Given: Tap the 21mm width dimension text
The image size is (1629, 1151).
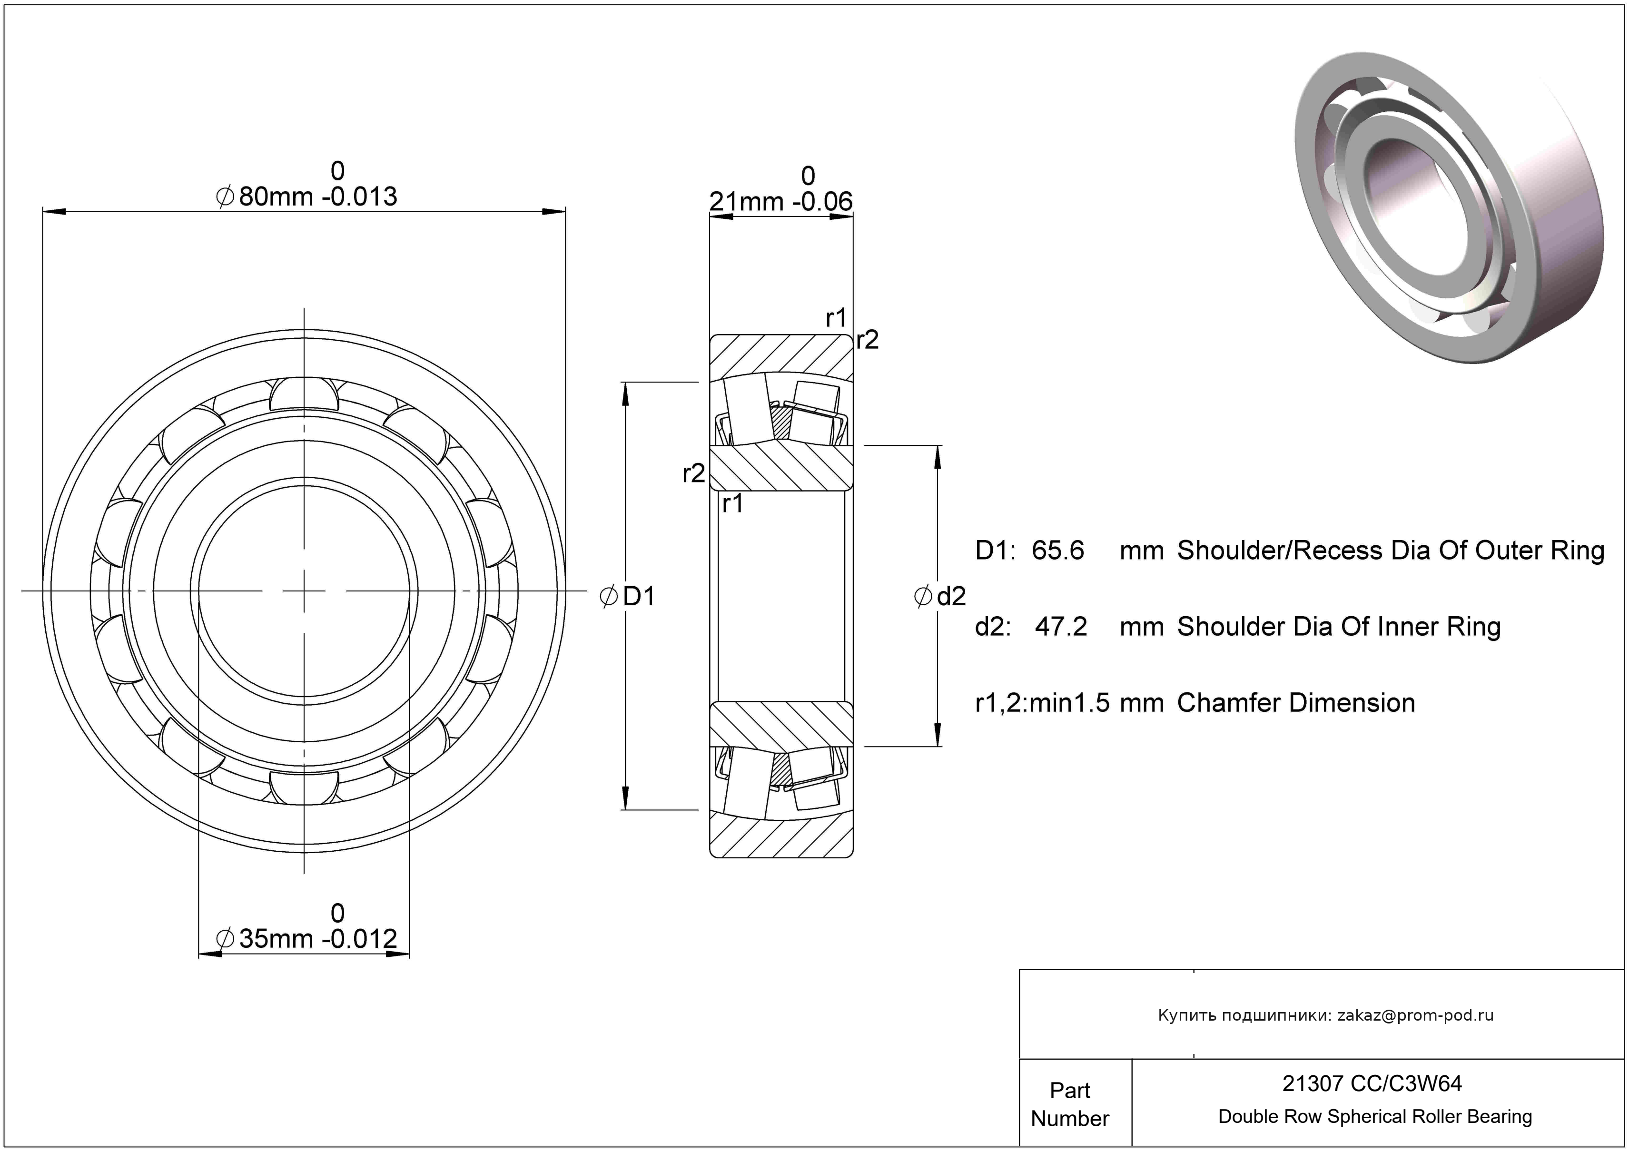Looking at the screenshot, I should click(x=749, y=202).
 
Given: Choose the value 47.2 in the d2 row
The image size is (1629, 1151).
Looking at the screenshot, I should click(x=1061, y=627).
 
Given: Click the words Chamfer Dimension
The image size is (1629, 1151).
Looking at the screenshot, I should click(x=1295, y=703).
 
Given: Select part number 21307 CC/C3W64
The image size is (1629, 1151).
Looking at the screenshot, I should click(x=1372, y=1083).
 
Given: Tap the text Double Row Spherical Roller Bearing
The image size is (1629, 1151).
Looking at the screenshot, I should click(x=1374, y=1117).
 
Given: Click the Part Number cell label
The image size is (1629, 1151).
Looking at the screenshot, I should click(x=1069, y=1104).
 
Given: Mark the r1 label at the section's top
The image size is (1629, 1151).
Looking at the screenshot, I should click(x=836, y=318).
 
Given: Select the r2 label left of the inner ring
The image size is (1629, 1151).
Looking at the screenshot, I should click(x=693, y=473).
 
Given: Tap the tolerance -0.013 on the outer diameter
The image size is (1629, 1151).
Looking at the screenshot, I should click(x=360, y=197).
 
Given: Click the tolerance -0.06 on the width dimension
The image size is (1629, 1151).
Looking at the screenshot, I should click(x=822, y=202).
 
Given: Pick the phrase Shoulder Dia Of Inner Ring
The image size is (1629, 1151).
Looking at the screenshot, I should click(x=1338, y=627).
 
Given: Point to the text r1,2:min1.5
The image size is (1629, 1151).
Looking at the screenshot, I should click(x=1042, y=703).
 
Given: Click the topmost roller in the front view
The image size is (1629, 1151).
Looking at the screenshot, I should click(x=305, y=393).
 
